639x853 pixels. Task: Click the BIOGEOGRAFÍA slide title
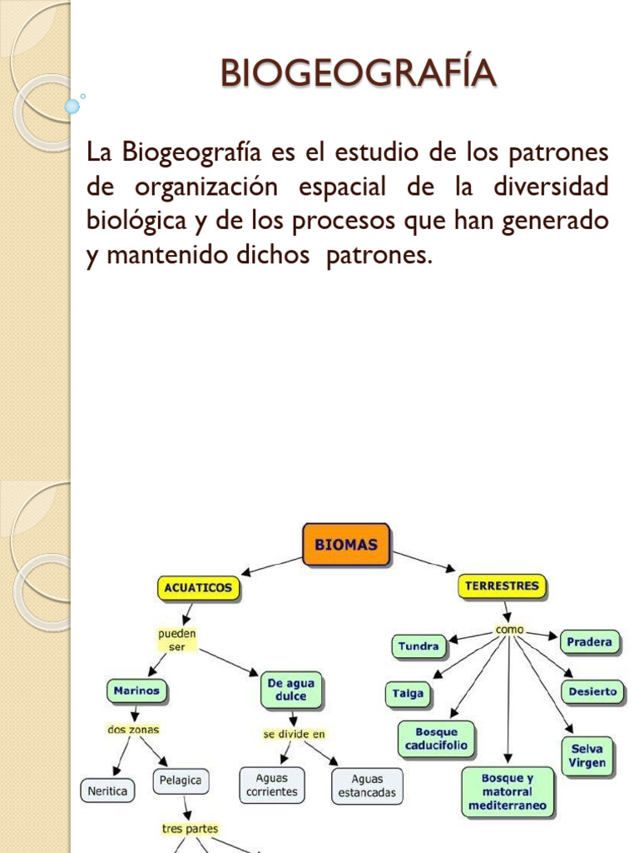(x=359, y=73)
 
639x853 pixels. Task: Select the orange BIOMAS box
(x=345, y=546)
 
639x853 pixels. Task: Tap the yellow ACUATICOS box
(x=198, y=589)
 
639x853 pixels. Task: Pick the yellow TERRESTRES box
(x=502, y=586)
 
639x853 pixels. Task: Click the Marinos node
(x=137, y=691)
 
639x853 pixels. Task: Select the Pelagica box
(x=181, y=782)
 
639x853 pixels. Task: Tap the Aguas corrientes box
(x=272, y=786)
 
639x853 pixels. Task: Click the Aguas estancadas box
(x=367, y=786)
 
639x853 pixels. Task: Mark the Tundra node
(x=419, y=646)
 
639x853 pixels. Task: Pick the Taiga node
(x=409, y=693)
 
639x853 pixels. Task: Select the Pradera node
(x=589, y=642)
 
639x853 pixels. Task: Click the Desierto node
(x=593, y=691)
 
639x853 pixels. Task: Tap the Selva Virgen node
(x=587, y=756)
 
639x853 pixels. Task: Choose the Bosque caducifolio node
(x=437, y=739)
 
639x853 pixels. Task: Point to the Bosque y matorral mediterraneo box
(x=508, y=792)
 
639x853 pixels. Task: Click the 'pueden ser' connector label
(x=176, y=641)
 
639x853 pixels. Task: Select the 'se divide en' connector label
(x=294, y=734)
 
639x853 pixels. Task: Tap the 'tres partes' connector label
(x=190, y=829)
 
